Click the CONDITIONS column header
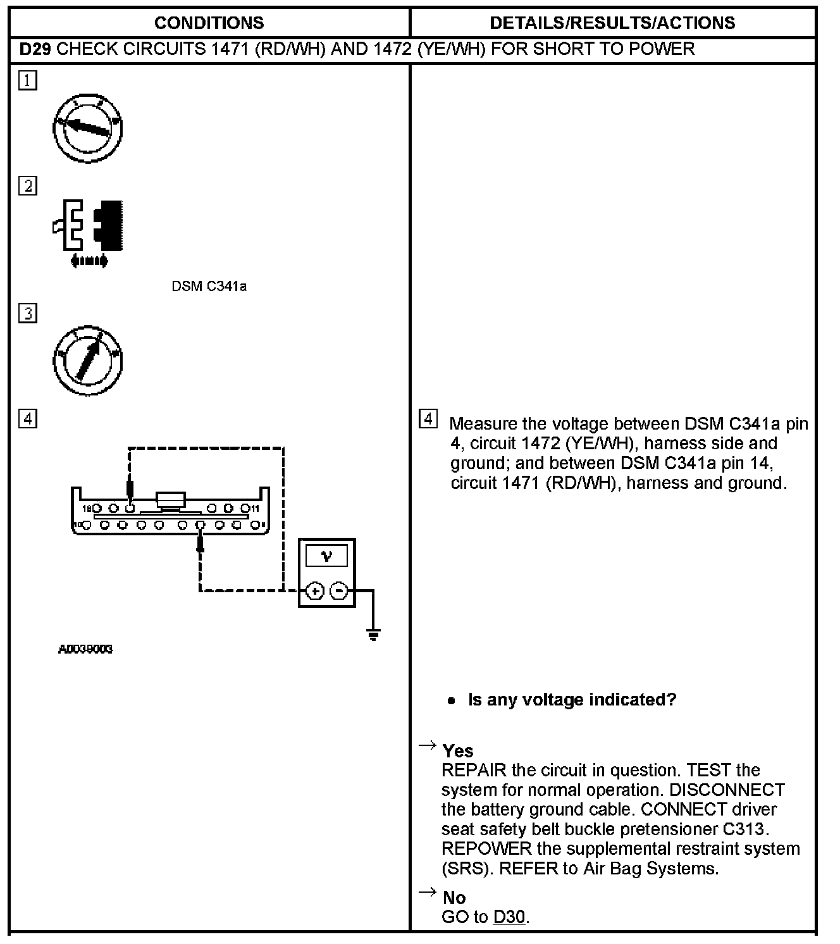point(209,23)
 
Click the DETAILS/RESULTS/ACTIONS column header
point(612,23)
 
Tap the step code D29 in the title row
point(35,49)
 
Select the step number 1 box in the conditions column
point(28,80)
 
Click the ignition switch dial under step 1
point(87,129)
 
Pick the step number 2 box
point(28,186)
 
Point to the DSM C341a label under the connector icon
point(209,287)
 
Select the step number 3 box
point(28,313)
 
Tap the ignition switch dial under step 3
point(87,361)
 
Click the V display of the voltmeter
point(326,556)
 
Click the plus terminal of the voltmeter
point(315,592)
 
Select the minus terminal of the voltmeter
point(340,592)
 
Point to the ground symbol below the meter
point(373,634)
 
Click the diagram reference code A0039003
point(85,650)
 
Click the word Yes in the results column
point(458,751)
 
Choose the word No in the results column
point(454,898)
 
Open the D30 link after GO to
point(509,917)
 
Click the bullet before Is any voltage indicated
point(451,701)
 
